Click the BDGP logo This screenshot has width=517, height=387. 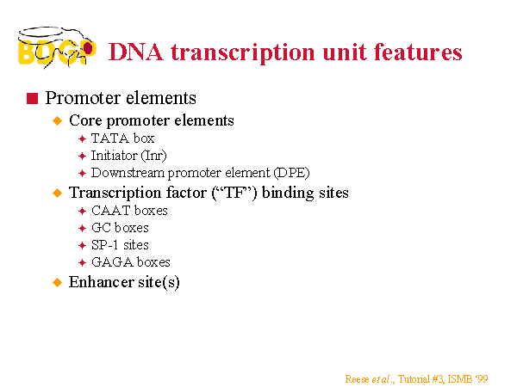[57, 47]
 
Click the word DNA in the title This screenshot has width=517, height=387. [136, 52]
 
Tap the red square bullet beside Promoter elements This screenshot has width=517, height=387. [33, 98]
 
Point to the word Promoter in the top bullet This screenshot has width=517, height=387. [84, 98]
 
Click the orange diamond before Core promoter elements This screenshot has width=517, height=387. [58, 120]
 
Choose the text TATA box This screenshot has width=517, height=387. [122, 138]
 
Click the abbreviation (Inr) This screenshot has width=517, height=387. [153, 156]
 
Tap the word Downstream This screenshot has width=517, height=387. [128, 173]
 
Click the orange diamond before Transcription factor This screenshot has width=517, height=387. [58, 193]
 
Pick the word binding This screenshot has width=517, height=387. [288, 193]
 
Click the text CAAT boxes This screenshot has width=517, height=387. [129, 211]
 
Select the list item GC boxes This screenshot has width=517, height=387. [120, 228]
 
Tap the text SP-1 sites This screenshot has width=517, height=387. [120, 245]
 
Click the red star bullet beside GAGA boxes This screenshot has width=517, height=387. [82, 262]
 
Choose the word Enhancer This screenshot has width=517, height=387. [101, 282]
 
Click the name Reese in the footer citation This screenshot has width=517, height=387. [357, 379]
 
